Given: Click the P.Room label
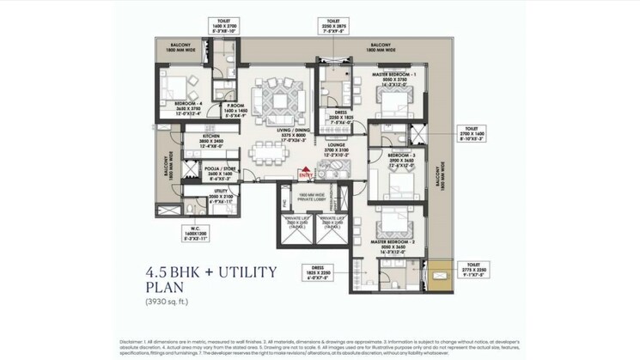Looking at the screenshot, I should [x=235, y=110].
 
